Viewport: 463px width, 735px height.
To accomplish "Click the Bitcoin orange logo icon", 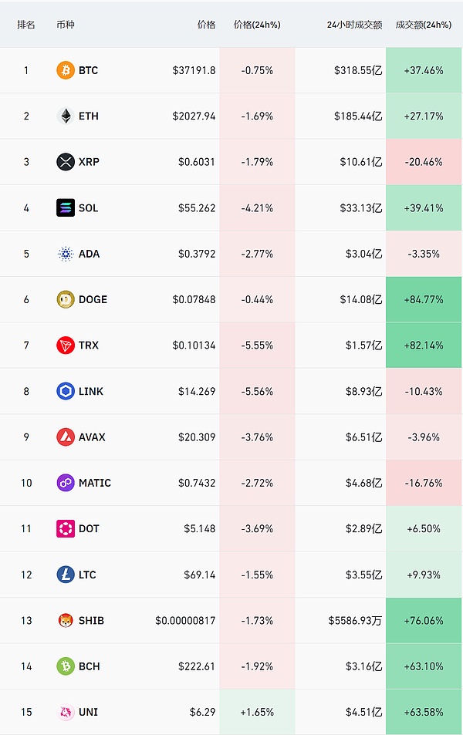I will point(66,70).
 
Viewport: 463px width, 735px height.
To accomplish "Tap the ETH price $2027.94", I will point(195,116).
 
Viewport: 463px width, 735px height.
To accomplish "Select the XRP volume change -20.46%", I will point(424,162).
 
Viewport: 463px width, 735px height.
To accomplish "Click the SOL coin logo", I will point(66,207).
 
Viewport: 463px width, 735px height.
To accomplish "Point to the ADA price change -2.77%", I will point(257,254).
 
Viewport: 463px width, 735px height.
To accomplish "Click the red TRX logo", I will point(66,346).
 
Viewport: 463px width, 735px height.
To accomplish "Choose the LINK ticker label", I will point(90,391).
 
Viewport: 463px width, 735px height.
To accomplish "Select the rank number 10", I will point(26,483).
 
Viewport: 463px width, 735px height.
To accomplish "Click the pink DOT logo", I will point(66,529).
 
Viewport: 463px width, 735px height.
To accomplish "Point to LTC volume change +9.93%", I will point(424,575).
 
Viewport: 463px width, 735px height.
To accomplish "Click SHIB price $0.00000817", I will point(185,621).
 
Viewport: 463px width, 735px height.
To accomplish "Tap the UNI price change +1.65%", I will point(257,712).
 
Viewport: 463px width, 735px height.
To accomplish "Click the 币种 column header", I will point(66,25).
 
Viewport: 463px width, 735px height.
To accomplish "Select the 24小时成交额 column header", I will point(354,25).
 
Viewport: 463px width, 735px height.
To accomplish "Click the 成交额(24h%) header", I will point(423,25).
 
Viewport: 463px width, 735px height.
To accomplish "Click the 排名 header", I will point(26,25).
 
